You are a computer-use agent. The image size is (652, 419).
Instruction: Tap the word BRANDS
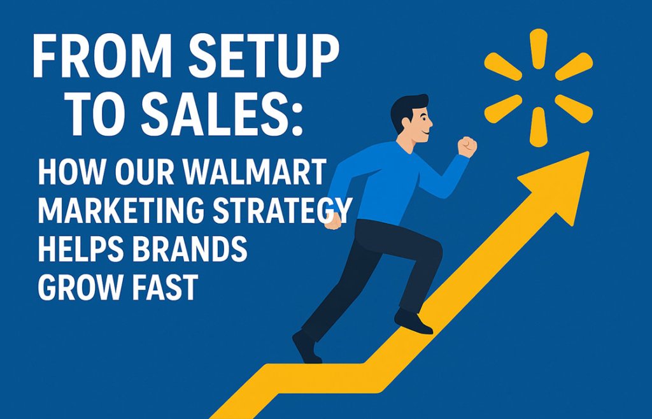192,249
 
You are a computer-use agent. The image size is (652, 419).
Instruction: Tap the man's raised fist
467,146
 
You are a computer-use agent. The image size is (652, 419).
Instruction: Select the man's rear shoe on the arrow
306,347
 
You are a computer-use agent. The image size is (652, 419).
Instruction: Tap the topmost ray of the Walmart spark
539,48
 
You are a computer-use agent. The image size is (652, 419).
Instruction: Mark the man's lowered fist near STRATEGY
333,220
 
